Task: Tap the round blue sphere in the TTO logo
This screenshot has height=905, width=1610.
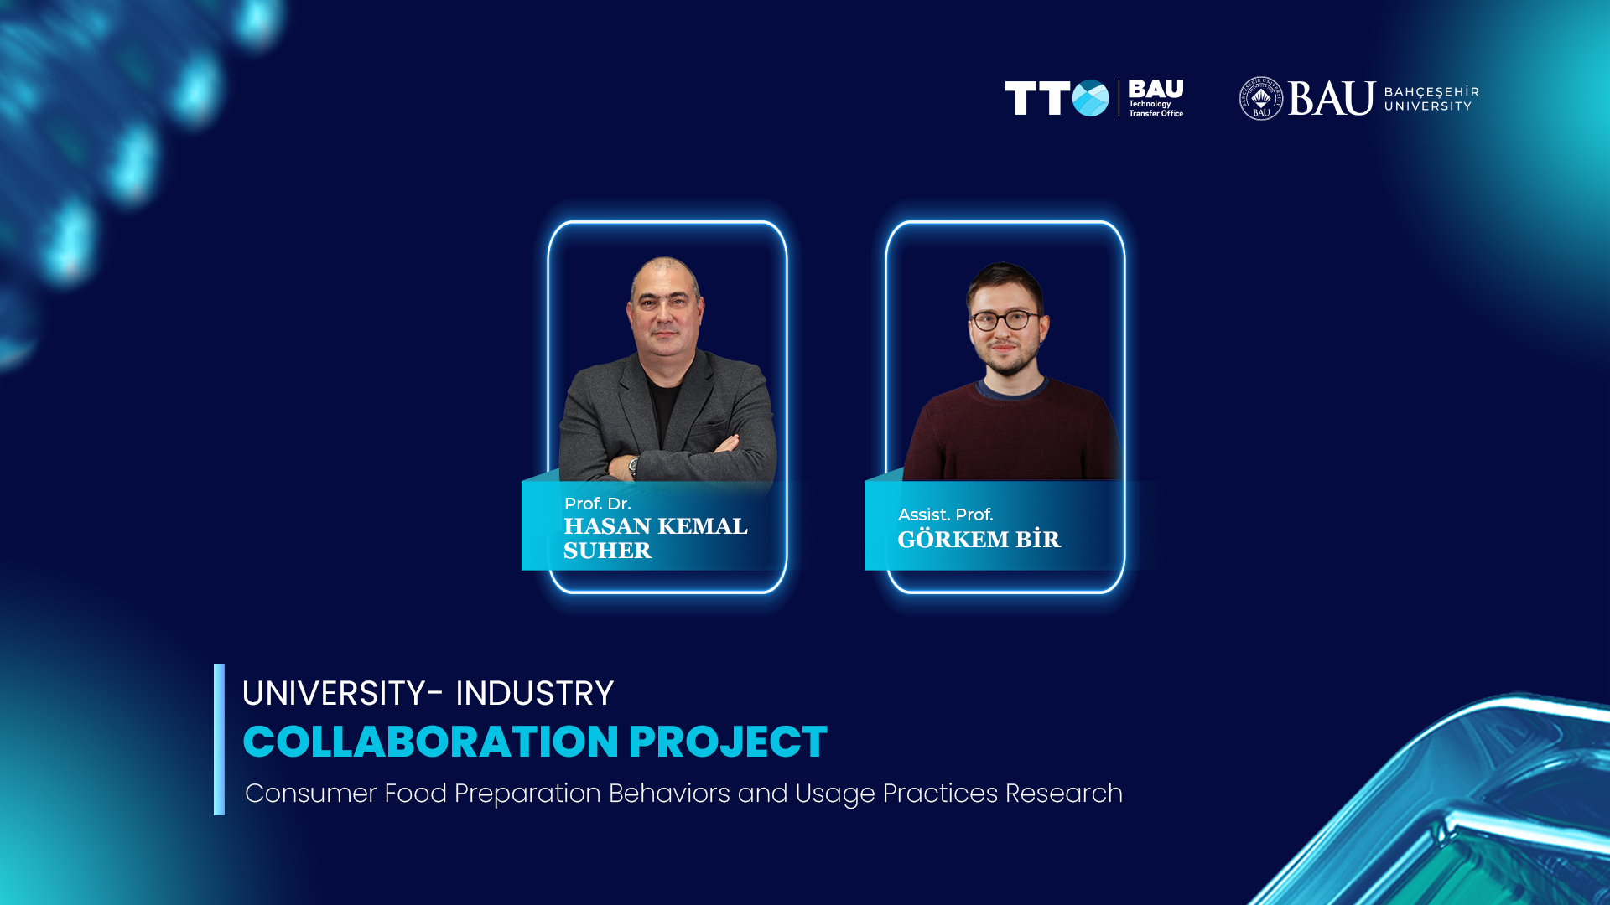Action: (1090, 98)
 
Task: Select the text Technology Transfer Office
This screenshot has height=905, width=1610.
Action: (1156, 109)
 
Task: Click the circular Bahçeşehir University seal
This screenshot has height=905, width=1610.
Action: (1261, 98)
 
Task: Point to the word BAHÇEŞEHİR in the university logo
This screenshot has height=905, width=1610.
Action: (1431, 91)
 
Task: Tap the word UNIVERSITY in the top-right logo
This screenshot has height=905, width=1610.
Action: (1428, 106)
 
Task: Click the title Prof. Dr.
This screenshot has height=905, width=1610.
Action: (597, 504)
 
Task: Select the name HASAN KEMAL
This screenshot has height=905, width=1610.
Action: (656, 526)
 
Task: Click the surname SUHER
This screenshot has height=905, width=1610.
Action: (607, 551)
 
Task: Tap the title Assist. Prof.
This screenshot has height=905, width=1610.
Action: (945, 515)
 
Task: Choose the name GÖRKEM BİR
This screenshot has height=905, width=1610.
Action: (979, 539)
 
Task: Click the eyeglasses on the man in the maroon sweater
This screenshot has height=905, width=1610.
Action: (1005, 320)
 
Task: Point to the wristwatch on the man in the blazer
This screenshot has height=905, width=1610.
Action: (633, 466)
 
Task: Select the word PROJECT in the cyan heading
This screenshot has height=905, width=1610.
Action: (728, 742)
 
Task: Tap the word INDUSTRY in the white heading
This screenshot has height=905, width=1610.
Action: (534, 693)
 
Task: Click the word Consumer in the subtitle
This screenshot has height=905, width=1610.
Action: (310, 793)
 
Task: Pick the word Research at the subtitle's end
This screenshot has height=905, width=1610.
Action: (1063, 793)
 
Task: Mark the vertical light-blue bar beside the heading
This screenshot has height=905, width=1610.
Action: (219, 739)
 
